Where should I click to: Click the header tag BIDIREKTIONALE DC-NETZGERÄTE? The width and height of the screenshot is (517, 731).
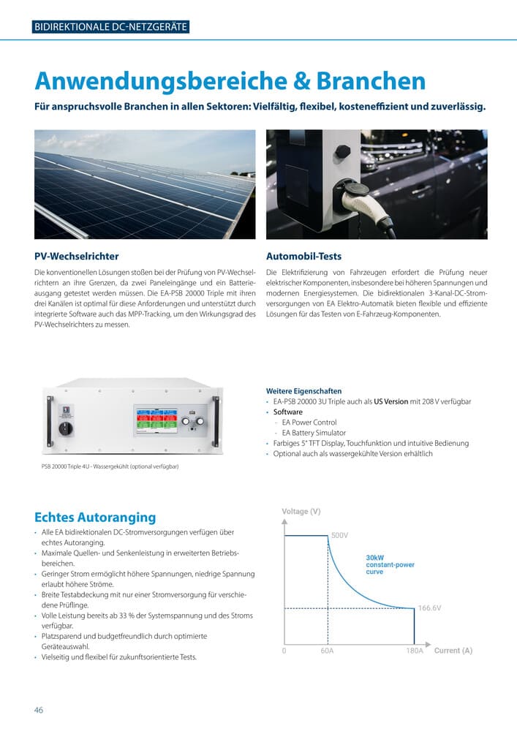(111, 28)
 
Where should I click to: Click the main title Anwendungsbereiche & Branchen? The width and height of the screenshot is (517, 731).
(230, 80)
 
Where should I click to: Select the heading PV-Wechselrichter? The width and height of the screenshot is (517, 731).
(77, 257)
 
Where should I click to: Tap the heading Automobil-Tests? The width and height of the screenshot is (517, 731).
(303, 257)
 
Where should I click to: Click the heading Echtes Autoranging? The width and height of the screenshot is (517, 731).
(96, 517)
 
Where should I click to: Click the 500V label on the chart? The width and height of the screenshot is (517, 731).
(340, 536)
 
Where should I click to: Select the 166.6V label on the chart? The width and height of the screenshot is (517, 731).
(429, 608)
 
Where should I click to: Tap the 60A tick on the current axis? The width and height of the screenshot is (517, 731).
(327, 651)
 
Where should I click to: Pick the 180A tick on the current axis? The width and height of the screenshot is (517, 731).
(415, 651)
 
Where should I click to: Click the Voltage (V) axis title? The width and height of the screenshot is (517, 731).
(301, 512)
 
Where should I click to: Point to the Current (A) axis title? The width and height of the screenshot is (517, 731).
(453, 651)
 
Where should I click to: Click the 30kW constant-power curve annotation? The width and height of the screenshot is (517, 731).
(389, 564)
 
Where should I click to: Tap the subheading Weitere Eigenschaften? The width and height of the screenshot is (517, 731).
(303, 391)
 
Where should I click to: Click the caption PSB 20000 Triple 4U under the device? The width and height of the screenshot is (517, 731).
(110, 466)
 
